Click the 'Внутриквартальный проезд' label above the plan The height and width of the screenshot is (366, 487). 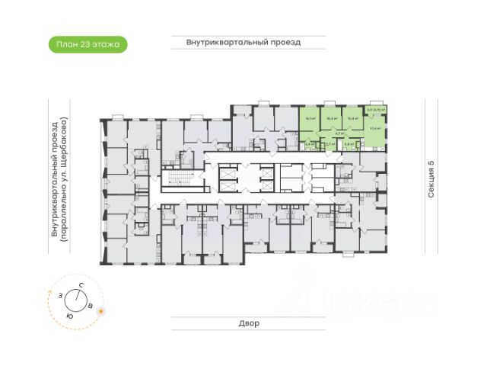(x=243, y=43)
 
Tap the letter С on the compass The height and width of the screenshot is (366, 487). (x=80, y=285)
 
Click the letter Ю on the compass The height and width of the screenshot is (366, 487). (x=70, y=315)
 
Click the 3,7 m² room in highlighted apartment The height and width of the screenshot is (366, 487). (x=329, y=143)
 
